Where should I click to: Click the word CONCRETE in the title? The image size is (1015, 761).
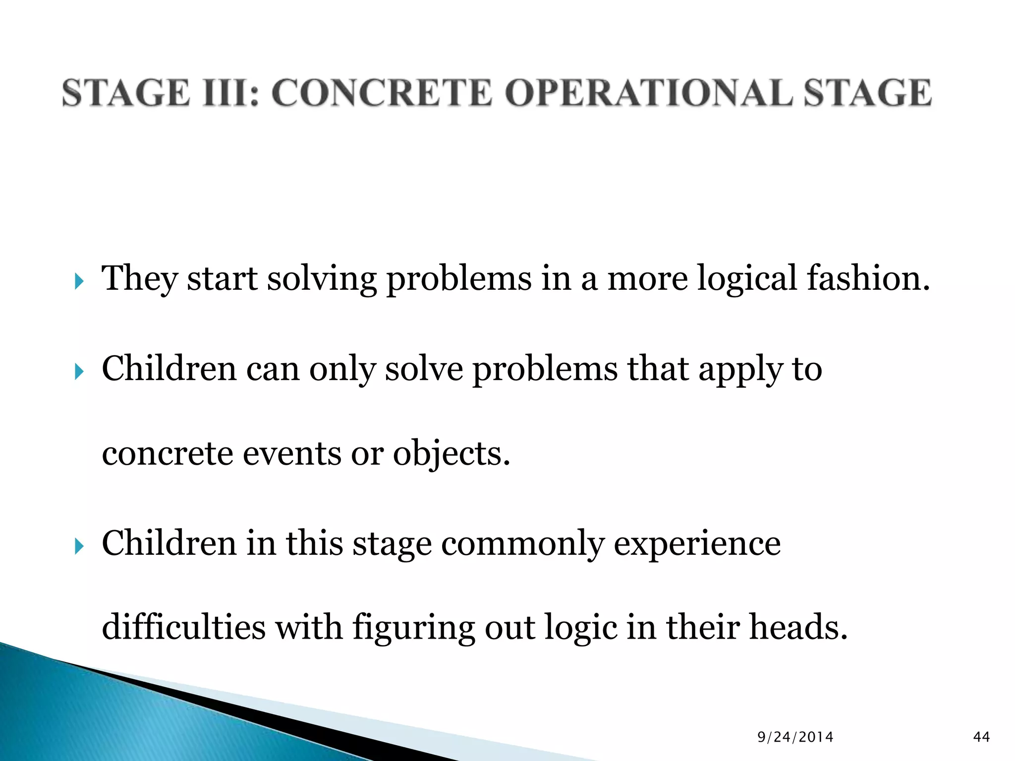pos(382,93)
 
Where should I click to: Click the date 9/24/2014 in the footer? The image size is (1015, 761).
pos(795,737)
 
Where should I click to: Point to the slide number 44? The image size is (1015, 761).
pos(982,737)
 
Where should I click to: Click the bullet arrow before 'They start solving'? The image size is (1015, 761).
pos(79,283)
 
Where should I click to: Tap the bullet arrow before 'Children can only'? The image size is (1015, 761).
pos(79,372)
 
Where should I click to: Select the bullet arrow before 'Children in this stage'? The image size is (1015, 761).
pos(79,547)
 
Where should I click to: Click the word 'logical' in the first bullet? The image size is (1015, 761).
pos(747,278)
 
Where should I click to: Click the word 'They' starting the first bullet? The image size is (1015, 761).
pos(139,278)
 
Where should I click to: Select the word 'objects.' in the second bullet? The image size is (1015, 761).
pos(451,455)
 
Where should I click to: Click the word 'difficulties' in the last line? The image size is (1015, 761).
pos(184,627)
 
